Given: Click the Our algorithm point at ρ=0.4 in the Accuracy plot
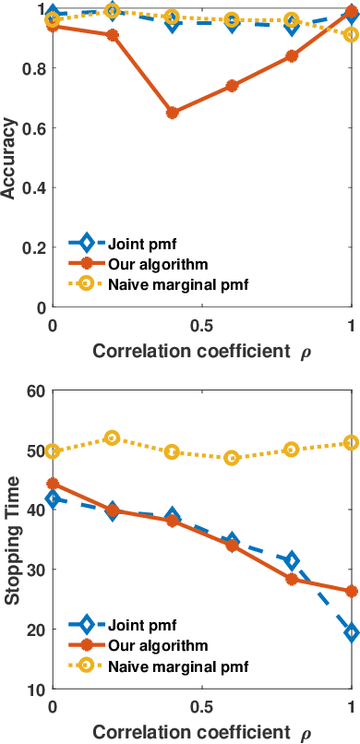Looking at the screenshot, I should pos(172,113).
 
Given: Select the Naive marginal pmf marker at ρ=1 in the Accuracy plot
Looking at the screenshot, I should pos(352,35).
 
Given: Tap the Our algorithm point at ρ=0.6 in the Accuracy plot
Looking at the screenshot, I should pos(232,86).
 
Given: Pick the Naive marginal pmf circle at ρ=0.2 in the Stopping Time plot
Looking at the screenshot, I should pos(113,438).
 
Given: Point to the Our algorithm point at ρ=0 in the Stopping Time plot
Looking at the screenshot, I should pos(53,484).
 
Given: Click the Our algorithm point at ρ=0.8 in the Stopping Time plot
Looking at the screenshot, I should pos(292,580).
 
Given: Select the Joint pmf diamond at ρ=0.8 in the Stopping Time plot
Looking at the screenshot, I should pos(292,560).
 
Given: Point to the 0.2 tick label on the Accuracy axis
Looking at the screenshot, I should pos(32,247).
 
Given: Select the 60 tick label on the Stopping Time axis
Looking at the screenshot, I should pos(35,391).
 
